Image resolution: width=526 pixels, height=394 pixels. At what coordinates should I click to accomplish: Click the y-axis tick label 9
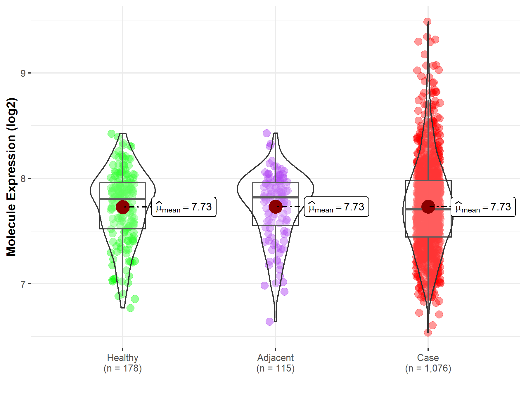pyautogui.click(x=23, y=73)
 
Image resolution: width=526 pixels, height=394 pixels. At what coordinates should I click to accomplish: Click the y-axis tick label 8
pyautogui.click(x=23, y=178)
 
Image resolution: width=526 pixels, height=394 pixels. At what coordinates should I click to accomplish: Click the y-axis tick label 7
pyautogui.click(x=23, y=284)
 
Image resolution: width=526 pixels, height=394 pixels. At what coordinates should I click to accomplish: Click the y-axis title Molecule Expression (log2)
pyautogui.click(x=11, y=177)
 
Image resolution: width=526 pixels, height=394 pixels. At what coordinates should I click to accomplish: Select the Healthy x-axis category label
pyautogui.click(x=122, y=358)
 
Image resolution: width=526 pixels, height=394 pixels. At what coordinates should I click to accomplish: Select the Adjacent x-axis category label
pyautogui.click(x=275, y=358)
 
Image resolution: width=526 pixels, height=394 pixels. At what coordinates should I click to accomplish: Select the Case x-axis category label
pyautogui.click(x=428, y=358)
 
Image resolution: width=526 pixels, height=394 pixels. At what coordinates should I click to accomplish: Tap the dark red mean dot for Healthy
pyautogui.click(x=123, y=207)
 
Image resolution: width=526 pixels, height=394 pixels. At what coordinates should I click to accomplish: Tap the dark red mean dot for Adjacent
pyautogui.click(x=275, y=207)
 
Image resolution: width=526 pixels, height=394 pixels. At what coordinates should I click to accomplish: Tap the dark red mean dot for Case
pyautogui.click(x=428, y=207)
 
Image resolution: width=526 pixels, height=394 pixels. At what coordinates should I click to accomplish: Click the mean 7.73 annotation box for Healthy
pyautogui.click(x=184, y=207)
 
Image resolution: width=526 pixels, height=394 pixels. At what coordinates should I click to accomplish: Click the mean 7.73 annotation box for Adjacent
pyautogui.click(x=336, y=207)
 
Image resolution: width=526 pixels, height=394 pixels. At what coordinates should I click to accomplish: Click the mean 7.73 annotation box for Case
pyautogui.click(x=483, y=207)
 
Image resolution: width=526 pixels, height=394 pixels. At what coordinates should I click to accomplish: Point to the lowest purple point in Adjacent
pyautogui.click(x=269, y=322)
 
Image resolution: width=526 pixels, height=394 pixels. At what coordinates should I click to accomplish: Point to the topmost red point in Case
pyautogui.click(x=427, y=22)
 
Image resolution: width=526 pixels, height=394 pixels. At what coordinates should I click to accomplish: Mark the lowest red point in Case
pyautogui.click(x=428, y=332)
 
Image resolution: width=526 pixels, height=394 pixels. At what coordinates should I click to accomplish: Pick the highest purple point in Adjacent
pyautogui.click(x=267, y=133)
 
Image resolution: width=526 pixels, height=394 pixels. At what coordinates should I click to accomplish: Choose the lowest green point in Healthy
pyautogui.click(x=131, y=308)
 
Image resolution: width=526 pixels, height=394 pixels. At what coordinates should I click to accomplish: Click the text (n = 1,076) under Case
pyautogui.click(x=428, y=368)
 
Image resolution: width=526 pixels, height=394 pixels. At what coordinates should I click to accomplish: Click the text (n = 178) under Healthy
pyautogui.click(x=122, y=368)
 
